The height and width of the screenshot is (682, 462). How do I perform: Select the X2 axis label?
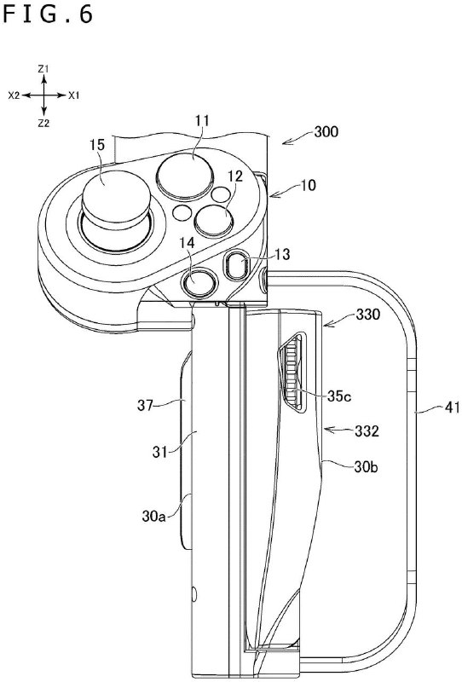pyautogui.click(x=14, y=95)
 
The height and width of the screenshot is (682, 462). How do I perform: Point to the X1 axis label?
pyautogui.click(x=74, y=95)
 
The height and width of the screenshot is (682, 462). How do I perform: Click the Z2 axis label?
pyautogui.click(x=43, y=124)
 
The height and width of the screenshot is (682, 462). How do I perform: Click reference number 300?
pyautogui.click(x=326, y=132)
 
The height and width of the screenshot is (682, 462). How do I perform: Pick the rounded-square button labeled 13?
pyautogui.click(x=238, y=265)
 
